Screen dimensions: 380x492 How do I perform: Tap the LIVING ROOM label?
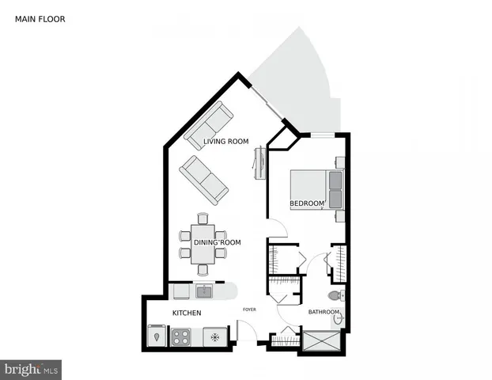226,142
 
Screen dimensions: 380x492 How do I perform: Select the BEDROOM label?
308,203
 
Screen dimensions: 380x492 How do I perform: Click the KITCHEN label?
187,313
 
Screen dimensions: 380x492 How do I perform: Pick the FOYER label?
249,310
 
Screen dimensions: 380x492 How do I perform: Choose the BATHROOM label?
324,312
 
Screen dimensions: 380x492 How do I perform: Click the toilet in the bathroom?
335,295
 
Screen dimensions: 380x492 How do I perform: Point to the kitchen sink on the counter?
204,291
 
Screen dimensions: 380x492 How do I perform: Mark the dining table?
202,245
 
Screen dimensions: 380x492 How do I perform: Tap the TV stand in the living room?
258,162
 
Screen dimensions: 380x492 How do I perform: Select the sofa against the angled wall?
209,125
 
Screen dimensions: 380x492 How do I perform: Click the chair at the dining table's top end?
202,218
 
